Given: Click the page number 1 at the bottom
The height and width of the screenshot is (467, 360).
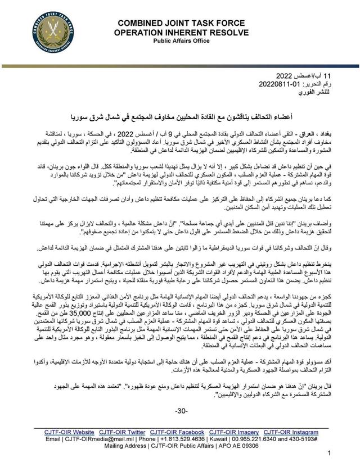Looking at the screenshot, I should click(x=329, y=453).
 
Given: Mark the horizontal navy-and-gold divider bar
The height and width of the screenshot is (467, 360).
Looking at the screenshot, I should click(x=180, y=66).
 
